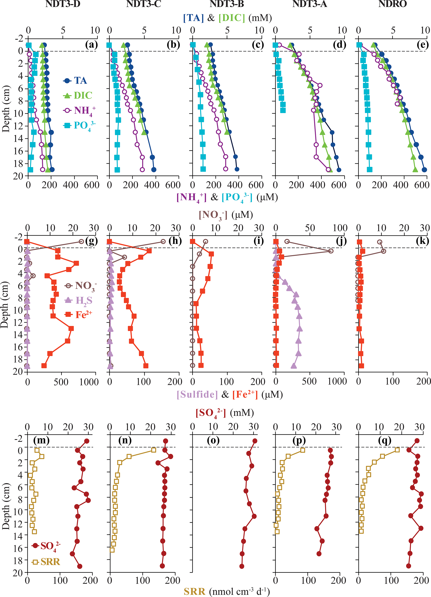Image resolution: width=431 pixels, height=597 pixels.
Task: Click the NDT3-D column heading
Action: tap(63, 4)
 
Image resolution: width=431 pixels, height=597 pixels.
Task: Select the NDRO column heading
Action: tap(392, 4)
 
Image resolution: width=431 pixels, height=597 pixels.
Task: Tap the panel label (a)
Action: tap(91, 45)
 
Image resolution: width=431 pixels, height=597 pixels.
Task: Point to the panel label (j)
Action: tap(341, 241)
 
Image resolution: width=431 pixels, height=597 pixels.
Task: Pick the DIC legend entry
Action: tap(78, 96)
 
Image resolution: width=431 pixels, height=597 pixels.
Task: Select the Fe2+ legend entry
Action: tap(79, 315)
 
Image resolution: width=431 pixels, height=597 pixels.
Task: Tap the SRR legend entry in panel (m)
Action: tap(46, 562)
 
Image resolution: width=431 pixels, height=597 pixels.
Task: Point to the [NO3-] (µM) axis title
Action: tap(226, 215)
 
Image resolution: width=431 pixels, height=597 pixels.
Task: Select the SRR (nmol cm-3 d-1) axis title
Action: tap(226, 591)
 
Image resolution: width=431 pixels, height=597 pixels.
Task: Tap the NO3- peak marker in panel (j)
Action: tap(331, 251)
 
